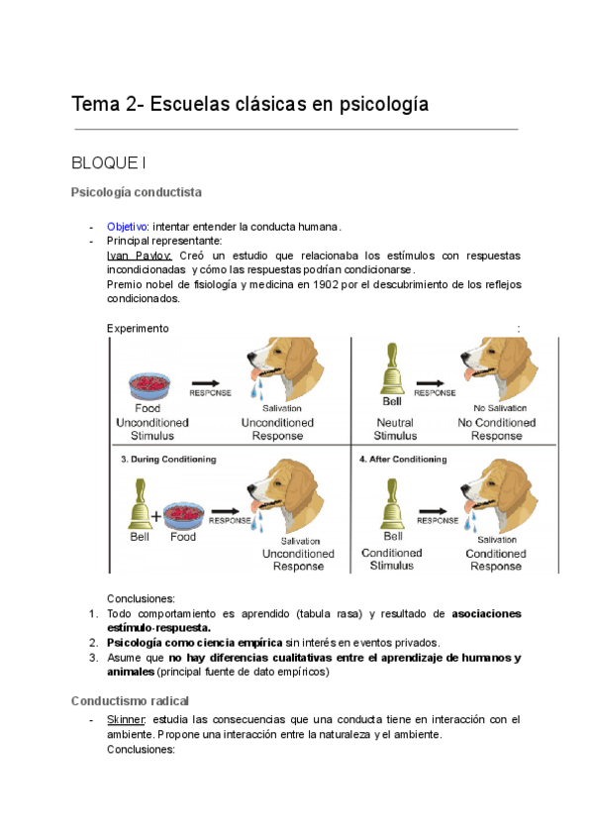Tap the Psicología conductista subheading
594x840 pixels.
[137, 191]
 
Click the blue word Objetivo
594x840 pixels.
[127, 227]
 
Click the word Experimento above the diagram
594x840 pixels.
[137, 328]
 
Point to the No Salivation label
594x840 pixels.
[500, 408]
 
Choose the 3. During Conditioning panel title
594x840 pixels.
[168, 460]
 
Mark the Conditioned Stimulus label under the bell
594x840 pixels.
[391, 560]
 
